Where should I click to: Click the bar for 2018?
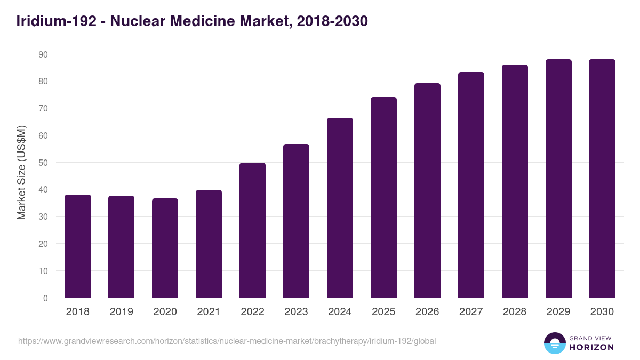click(x=78, y=246)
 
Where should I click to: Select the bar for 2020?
click(x=165, y=248)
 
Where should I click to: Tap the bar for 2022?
click(x=252, y=230)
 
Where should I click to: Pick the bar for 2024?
click(x=340, y=208)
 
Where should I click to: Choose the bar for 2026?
click(x=427, y=190)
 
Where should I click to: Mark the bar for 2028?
click(x=515, y=181)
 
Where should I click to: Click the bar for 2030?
click(x=602, y=179)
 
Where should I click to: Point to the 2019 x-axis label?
click(x=122, y=312)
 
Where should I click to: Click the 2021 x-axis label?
click(x=209, y=312)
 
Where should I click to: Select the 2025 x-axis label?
click(x=383, y=312)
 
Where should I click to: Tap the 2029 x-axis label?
click(x=558, y=312)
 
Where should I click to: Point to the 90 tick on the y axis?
click(x=43, y=54)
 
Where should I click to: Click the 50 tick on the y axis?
click(x=43, y=163)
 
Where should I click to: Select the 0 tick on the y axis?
click(x=45, y=298)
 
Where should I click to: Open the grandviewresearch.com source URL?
click(x=227, y=341)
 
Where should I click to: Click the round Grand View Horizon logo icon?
click(x=555, y=343)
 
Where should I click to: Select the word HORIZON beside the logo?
click(x=591, y=347)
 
